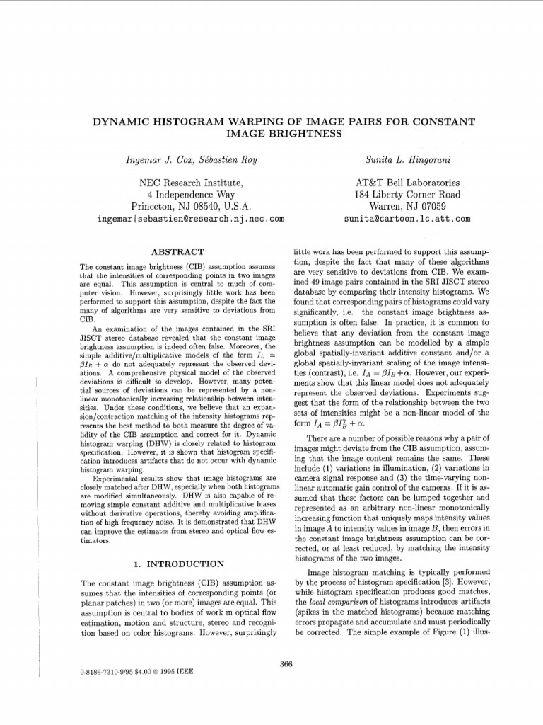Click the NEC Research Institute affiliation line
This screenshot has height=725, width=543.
190,183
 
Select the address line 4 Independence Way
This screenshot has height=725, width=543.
190,195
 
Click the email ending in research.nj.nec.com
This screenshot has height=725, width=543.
190,219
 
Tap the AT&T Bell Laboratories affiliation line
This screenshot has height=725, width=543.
407,183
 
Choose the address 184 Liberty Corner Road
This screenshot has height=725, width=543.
407,195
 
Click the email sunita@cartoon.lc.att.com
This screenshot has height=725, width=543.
407,219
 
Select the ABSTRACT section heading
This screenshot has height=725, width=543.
178,252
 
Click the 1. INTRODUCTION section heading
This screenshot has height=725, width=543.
178,564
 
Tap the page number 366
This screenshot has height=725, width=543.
286,663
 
